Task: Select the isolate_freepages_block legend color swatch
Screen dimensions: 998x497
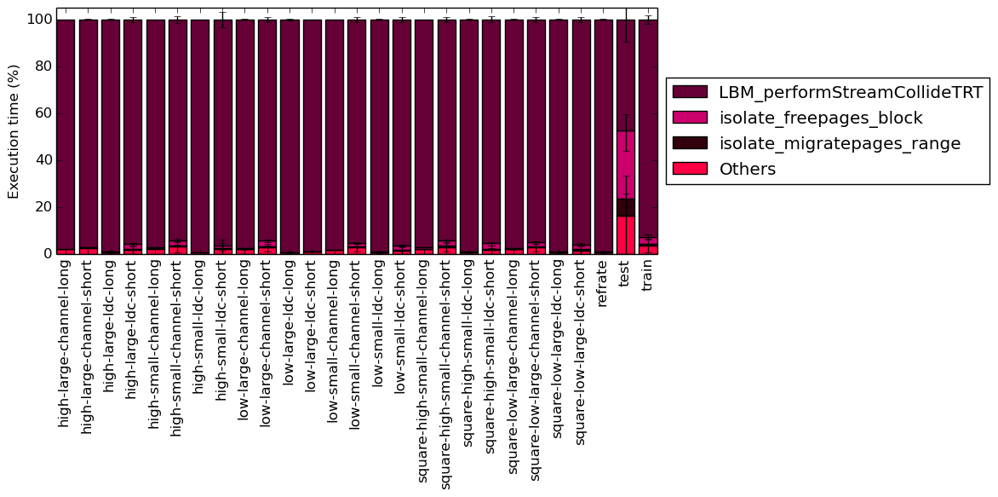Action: tap(690, 118)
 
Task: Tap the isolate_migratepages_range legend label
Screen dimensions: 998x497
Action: tap(840, 144)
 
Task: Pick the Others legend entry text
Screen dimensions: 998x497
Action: tap(747, 169)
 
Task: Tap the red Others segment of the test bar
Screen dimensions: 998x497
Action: tap(626, 235)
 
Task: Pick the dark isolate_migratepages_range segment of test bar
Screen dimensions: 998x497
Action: tap(626, 208)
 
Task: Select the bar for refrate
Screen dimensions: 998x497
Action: tap(604, 137)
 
